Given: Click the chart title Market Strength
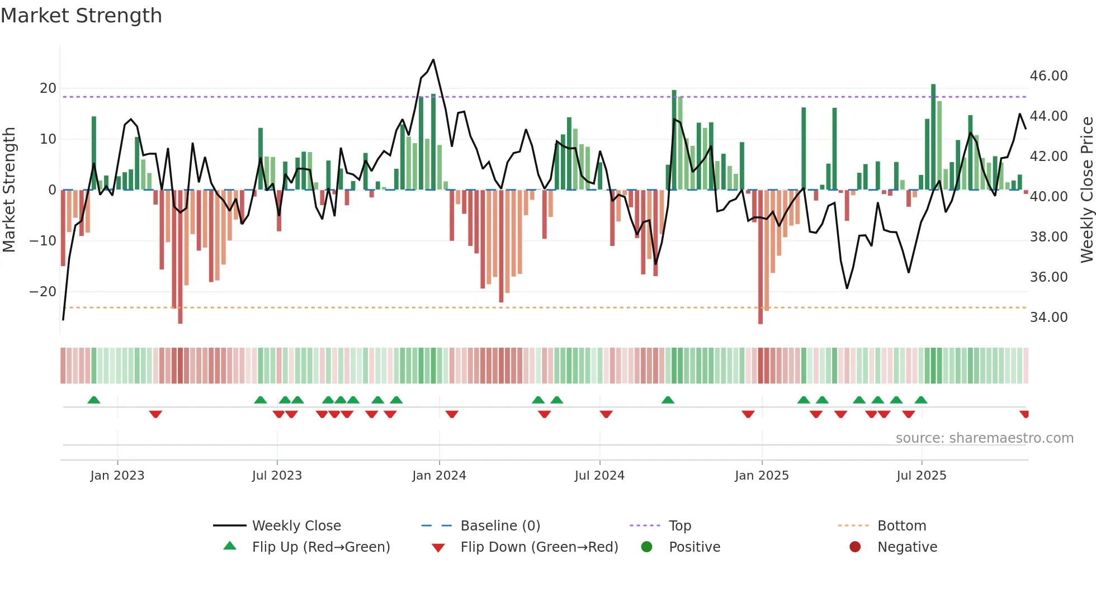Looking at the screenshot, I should click(81, 16).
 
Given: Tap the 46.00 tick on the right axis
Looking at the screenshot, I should click(1048, 76).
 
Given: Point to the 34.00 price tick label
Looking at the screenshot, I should click(1048, 318).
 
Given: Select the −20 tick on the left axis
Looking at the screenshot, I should click(42, 292).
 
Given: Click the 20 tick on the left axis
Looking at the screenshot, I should click(48, 88).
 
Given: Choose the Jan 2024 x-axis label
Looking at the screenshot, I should click(439, 476).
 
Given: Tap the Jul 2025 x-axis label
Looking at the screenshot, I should click(921, 476).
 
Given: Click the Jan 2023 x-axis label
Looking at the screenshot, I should click(117, 476).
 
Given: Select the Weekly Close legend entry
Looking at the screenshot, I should click(296, 526).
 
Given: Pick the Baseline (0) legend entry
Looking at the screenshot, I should click(500, 526).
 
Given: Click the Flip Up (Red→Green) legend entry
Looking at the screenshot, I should click(320, 547).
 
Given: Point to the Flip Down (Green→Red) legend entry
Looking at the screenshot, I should click(539, 547).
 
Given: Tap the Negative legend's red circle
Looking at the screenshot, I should click(855, 547).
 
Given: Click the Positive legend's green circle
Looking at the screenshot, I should click(647, 547).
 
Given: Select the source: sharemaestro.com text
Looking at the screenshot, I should click(984, 438).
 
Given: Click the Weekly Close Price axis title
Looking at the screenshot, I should click(1086, 190).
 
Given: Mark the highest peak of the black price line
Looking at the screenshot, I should click(433, 60).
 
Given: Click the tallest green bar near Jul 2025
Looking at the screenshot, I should click(933, 137).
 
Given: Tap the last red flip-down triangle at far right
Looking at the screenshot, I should click(1024, 414).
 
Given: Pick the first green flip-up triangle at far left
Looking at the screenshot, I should click(94, 400).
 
